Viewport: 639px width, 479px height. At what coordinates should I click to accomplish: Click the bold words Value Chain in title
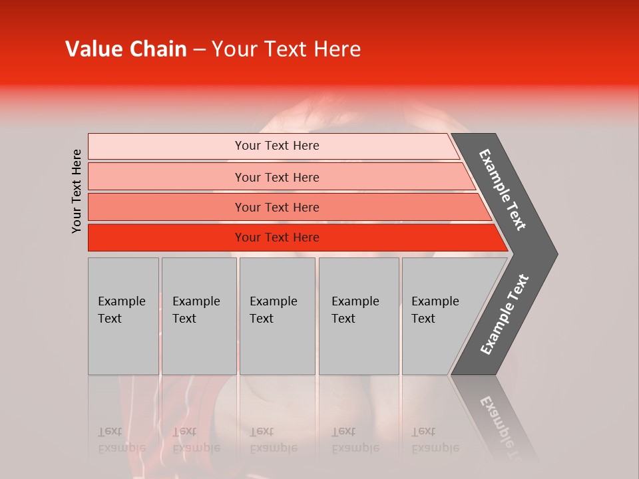(x=126, y=49)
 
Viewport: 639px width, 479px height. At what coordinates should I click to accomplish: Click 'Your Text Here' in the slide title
(x=286, y=49)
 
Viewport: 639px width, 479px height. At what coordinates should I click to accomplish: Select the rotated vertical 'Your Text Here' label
(x=77, y=191)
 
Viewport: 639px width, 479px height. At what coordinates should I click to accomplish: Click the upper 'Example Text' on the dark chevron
(x=503, y=190)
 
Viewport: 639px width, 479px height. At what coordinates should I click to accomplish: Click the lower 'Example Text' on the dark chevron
(x=505, y=315)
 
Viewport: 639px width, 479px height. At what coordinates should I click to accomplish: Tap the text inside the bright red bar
(x=277, y=238)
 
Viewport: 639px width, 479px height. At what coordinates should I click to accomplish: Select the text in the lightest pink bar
(x=277, y=146)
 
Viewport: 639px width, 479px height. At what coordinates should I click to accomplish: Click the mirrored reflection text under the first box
(x=121, y=440)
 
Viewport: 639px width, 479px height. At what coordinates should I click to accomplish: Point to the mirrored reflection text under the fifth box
(x=435, y=440)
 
